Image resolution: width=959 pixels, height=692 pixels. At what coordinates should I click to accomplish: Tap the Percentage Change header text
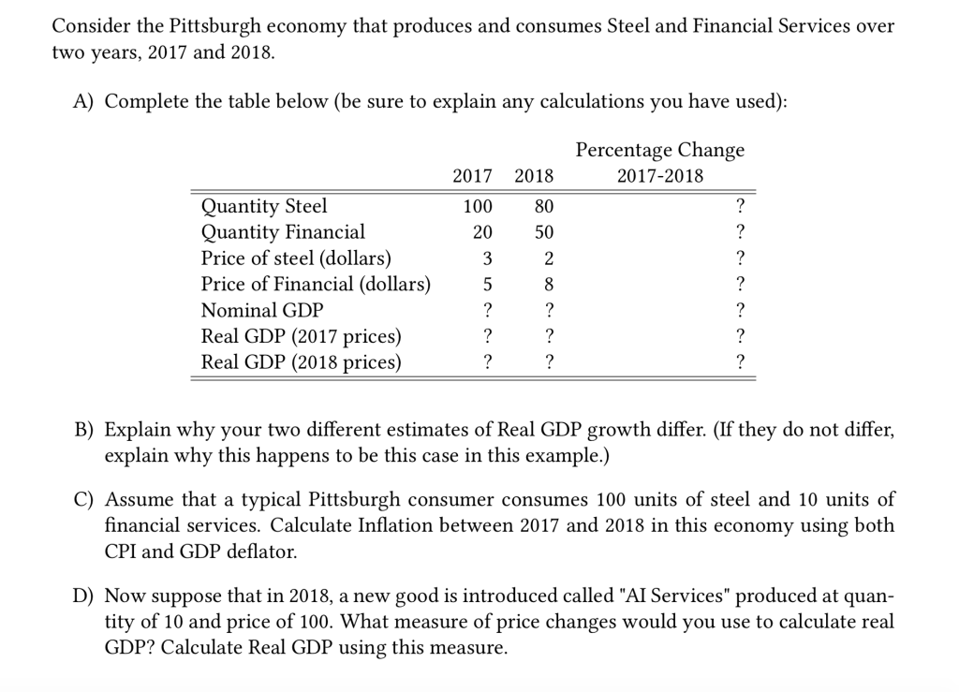(660, 150)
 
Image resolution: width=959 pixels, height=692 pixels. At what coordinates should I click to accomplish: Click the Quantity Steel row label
(264, 206)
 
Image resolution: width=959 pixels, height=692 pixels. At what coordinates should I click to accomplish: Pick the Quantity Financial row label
(283, 232)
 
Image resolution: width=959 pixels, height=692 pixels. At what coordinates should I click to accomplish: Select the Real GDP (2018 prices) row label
(301, 362)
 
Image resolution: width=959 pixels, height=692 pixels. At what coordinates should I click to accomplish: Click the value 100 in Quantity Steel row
(479, 206)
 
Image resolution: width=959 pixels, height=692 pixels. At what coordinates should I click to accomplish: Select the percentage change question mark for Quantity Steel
(740, 206)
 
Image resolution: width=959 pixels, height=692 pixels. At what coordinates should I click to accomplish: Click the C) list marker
(84, 499)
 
